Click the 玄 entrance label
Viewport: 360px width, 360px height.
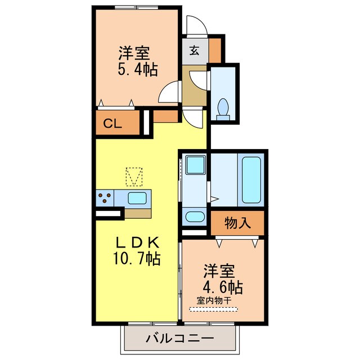point(193,50)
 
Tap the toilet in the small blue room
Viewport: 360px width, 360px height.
point(223,108)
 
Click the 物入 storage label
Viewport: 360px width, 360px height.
point(237,223)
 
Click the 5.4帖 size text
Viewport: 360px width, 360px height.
point(137,70)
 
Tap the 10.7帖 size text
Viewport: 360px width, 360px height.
point(138,259)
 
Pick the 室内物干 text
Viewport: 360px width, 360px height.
point(217,300)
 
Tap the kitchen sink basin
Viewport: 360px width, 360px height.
point(137,198)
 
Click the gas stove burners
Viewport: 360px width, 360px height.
point(104,198)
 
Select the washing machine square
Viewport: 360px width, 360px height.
point(195,166)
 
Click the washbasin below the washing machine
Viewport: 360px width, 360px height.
point(194,216)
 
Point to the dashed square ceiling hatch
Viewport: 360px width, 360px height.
point(134,176)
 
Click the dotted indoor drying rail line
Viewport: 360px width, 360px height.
point(217,308)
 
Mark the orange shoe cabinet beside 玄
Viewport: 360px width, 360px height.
point(215,50)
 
